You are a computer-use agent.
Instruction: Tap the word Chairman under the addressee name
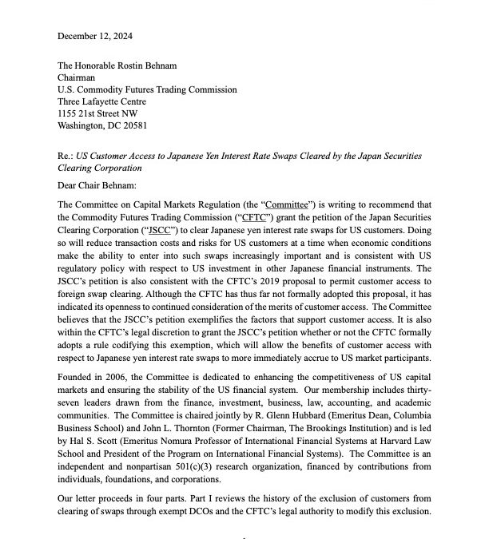[81, 86]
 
